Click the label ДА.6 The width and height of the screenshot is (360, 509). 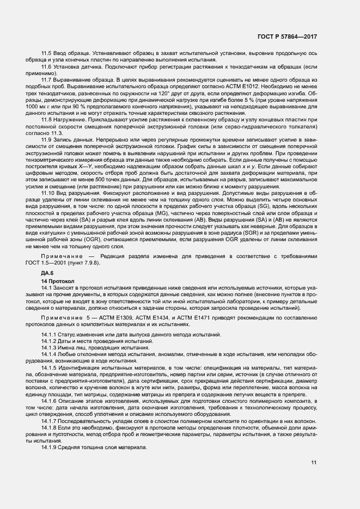pyautogui.click(x=47, y=272)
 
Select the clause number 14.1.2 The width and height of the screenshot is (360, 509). pyautogui.click(x=51, y=341)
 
